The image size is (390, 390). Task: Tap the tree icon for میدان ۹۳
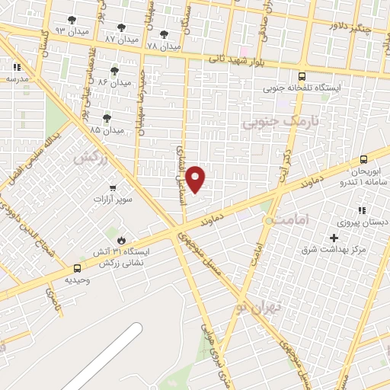[x=72, y=21]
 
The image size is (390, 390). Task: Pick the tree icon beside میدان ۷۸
[x=165, y=34]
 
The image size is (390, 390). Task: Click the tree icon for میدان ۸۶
[x=114, y=71]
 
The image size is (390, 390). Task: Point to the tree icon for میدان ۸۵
[x=106, y=118]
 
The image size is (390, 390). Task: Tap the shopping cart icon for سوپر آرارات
[x=113, y=187]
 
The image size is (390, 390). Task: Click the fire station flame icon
[x=121, y=241]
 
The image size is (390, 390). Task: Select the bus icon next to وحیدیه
[x=77, y=268]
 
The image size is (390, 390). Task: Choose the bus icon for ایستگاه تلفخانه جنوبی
[x=302, y=76]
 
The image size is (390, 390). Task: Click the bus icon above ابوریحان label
[x=363, y=160]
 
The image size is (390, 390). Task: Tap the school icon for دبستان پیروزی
[x=363, y=211]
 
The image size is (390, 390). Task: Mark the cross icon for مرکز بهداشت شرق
[x=334, y=238]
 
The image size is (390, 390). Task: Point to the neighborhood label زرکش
[x=88, y=158]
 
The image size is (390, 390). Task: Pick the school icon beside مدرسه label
[x=17, y=67]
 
